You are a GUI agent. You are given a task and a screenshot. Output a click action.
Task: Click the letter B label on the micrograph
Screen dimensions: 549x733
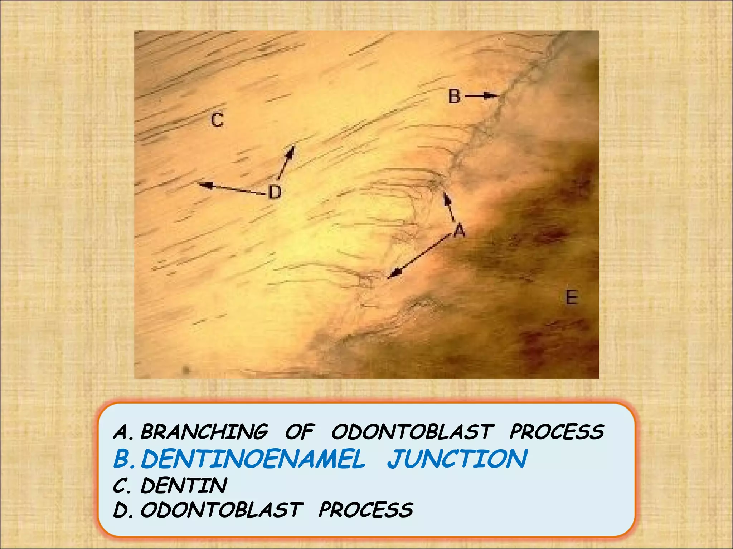[455, 97]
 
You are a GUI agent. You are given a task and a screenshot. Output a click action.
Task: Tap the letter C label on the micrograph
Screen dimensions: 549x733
[217, 119]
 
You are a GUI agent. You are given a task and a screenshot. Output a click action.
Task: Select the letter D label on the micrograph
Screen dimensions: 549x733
[275, 192]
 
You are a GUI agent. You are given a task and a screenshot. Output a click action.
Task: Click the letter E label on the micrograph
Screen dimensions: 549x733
[571, 297]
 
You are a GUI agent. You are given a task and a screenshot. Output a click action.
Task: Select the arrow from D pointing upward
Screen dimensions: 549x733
[286, 162]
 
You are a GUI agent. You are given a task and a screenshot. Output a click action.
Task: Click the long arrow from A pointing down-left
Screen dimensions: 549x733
[419, 256]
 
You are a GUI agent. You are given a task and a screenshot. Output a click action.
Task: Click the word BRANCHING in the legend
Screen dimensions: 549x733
[204, 431]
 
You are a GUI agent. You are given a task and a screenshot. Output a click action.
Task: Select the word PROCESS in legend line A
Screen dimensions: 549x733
[557, 431]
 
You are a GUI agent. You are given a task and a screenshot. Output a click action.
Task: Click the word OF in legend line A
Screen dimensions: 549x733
[300, 431]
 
